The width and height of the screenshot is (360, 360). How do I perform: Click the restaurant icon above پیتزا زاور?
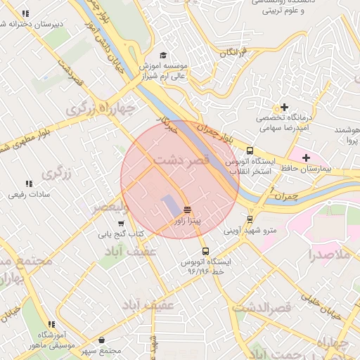click(x=186, y=210)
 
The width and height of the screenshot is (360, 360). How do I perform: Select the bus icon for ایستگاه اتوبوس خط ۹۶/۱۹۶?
click(x=205, y=251)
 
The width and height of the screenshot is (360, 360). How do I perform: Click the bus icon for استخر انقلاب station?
click(x=250, y=150)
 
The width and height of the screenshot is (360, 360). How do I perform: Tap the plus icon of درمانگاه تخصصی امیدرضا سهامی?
click(x=284, y=107)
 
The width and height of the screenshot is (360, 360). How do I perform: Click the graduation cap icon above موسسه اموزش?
click(x=163, y=55)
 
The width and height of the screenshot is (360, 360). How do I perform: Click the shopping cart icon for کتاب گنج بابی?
click(x=121, y=223)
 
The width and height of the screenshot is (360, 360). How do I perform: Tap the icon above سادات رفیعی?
click(x=29, y=184)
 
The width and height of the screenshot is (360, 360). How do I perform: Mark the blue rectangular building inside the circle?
click(x=171, y=205)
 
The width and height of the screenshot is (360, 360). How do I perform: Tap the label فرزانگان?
click(x=235, y=53)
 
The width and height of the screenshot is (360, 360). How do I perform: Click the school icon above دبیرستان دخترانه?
click(x=26, y=13)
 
